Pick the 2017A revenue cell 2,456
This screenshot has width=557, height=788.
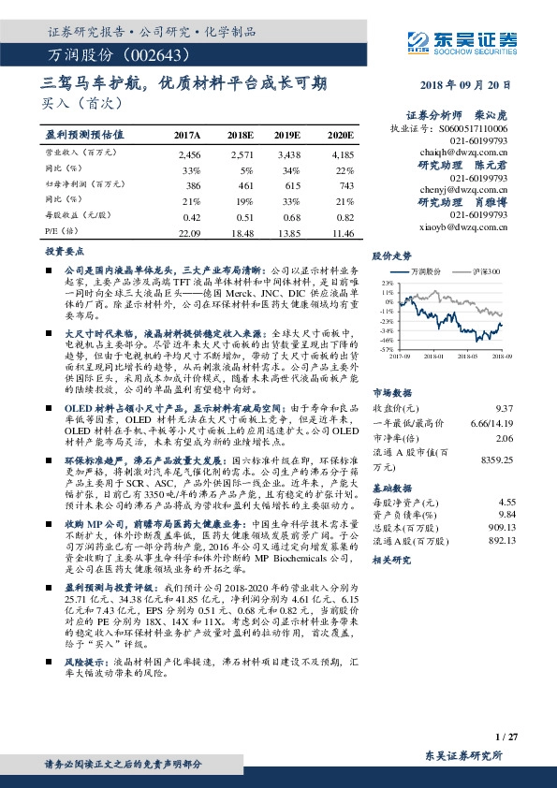pos(189,153)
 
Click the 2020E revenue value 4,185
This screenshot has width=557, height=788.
pos(343,153)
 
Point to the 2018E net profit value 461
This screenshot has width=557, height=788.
pos(242,187)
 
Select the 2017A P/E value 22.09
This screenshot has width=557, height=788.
pos(189,231)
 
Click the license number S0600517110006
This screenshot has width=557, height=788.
pos(475,127)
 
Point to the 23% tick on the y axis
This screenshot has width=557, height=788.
pos(386,282)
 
